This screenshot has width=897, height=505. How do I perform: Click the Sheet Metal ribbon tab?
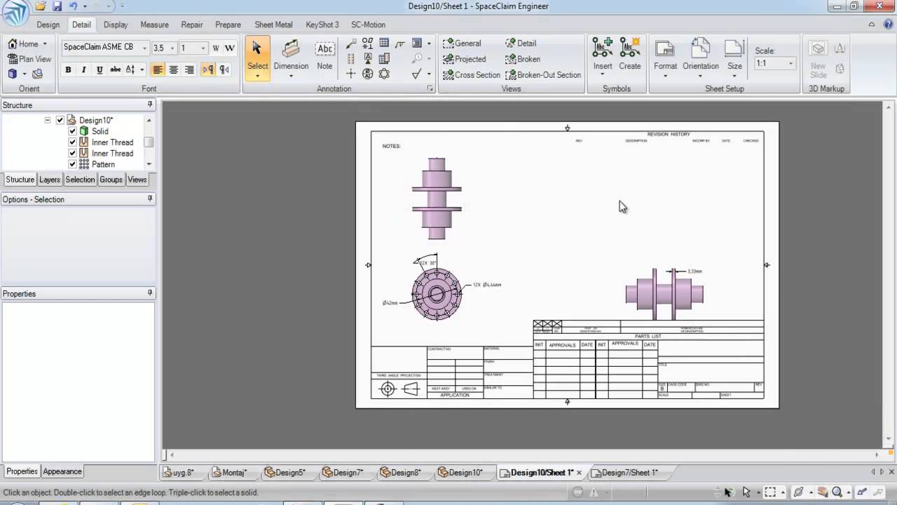coord(273,25)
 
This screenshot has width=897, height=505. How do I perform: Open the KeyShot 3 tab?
coord(322,25)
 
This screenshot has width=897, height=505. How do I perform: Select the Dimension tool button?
coord(291,56)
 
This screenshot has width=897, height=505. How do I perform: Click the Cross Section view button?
coord(472,75)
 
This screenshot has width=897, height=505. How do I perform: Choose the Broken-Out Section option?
coord(543,75)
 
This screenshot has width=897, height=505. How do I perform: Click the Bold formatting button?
coord(68,69)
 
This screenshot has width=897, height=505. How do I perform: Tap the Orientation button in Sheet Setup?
coord(701,56)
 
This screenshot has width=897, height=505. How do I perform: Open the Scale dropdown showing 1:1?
coord(774,63)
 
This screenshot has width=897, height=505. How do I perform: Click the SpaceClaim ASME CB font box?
coord(102,48)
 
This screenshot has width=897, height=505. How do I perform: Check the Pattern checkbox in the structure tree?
coord(72,164)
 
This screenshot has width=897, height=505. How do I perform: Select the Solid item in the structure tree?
coord(100,131)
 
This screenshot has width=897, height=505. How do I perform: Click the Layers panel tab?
coord(50,180)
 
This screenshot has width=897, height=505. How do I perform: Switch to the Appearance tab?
coord(62,471)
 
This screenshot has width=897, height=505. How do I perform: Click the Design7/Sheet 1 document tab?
coord(629,473)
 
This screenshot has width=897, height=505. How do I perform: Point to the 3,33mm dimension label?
coord(694,271)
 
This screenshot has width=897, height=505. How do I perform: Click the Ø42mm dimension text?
coord(390,303)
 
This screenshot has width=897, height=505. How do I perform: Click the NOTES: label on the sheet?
coord(391,146)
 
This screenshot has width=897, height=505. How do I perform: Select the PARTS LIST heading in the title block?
coord(648,336)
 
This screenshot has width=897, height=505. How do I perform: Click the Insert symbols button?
coord(603,56)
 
